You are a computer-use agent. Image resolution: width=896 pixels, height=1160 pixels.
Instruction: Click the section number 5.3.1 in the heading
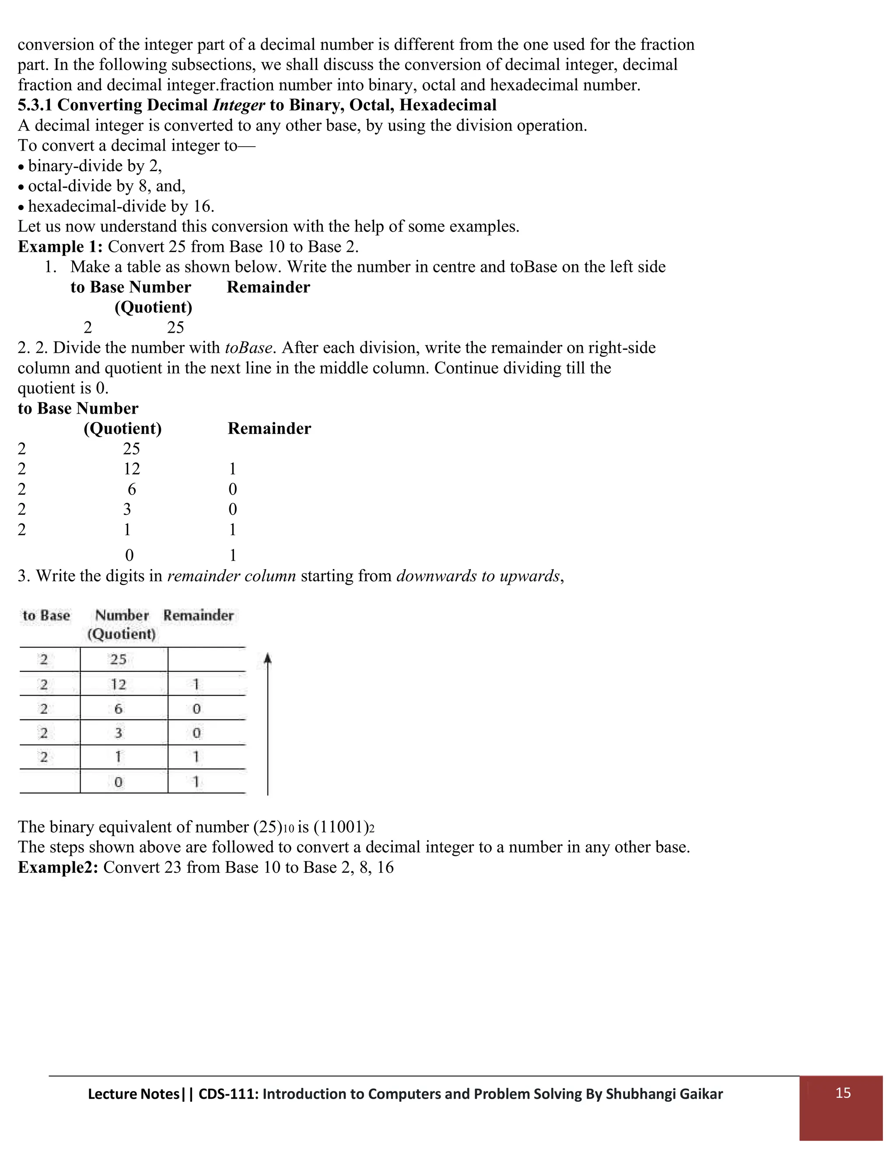coord(35,105)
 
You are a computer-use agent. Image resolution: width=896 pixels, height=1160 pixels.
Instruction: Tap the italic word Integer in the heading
coord(238,105)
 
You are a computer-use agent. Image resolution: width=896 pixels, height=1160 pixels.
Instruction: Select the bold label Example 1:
coord(60,246)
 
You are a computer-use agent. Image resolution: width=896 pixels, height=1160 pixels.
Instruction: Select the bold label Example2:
coord(58,867)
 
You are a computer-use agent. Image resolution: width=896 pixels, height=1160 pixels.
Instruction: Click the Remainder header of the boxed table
coord(199,615)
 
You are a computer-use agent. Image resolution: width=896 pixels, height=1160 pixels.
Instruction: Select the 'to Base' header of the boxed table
coord(46,615)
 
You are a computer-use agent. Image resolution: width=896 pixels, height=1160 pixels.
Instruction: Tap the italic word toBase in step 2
coord(248,348)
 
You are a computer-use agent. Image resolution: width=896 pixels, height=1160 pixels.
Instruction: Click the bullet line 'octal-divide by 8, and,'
coord(106,186)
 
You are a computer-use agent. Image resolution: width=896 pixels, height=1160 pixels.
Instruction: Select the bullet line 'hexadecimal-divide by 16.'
coord(121,206)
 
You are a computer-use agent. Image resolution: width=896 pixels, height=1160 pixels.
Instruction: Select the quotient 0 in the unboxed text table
coord(129,555)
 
